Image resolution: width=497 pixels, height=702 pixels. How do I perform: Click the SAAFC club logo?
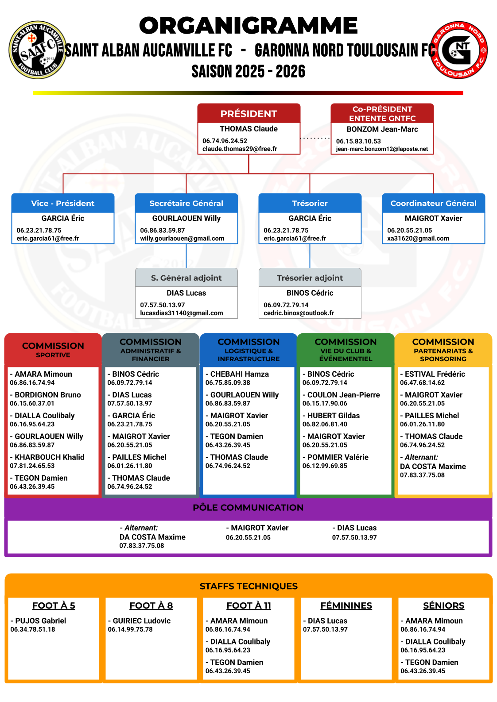(37, 50)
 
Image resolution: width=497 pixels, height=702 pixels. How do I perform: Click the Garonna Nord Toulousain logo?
(458, 50)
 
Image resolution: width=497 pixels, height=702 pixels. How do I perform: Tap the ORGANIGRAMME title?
(248, 26)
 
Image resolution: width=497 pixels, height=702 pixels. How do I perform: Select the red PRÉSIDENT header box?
(249, 113)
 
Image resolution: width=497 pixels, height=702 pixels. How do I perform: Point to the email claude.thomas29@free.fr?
(240, 149)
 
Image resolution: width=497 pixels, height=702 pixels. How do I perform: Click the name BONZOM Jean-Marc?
(382, 129)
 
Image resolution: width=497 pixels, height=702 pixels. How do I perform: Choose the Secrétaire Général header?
(186, 203)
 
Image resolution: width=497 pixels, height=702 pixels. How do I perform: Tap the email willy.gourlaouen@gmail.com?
(182, 238)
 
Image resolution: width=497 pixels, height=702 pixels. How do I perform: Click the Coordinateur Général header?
(433, 203)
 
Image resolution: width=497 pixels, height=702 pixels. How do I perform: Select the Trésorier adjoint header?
(310, 278)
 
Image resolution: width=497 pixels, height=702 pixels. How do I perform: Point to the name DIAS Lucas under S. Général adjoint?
(186, 293)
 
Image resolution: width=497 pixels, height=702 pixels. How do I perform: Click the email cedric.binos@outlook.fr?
(299, 313)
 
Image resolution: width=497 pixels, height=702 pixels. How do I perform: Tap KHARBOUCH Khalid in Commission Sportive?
(49, 457)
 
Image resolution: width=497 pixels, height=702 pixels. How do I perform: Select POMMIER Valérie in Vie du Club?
(338, 457)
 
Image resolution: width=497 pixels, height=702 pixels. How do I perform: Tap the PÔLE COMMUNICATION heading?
(248, 508)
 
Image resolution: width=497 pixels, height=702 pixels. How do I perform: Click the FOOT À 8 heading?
(151, 606)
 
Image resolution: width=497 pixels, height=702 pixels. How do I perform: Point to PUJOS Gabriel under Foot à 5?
(40, 621)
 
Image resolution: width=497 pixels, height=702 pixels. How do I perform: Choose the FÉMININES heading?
(346, 606)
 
